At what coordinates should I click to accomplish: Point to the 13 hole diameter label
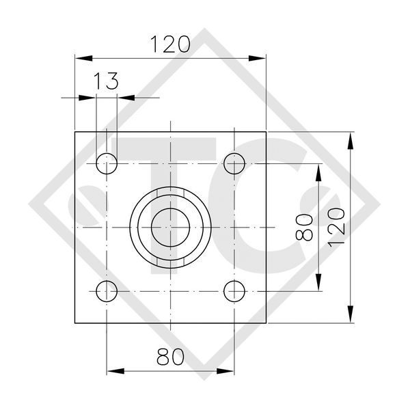pyautogui.click(x=106, y=81)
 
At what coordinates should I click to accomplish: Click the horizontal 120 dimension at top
pyautogui.click(x=170, y=44)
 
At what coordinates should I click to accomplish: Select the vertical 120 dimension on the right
pyautogui.click(x=336, y=228)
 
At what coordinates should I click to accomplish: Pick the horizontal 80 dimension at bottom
pyautogui.click(x=170, y=357)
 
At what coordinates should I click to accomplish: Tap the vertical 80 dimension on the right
pyautogui.click(x=304, y=228)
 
